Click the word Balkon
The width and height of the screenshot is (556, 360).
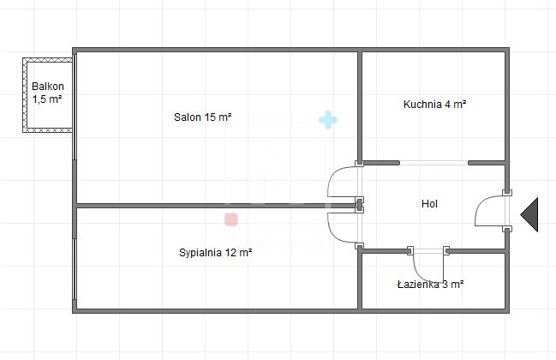[x=48, y=87]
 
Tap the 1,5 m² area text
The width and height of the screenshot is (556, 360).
[x=48, y=99]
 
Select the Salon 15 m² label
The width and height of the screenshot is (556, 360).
[x=203, y=117]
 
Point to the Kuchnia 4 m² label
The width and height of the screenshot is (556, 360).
[x=434, y=105]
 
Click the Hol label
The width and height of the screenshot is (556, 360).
[x=429, y=204]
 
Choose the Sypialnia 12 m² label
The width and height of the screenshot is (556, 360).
[x=215, y=253]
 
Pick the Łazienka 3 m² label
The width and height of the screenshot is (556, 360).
[x=430, y=284]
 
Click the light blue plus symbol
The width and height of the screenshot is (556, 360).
[x=326, y=120]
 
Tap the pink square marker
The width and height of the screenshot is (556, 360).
[x=230, y=219]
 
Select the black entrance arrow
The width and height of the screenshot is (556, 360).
[x=529, y=213]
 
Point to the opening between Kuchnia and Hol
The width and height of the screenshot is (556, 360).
[x=433, y=162]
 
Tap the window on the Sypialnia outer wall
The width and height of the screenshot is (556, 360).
[x=75, y=257]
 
